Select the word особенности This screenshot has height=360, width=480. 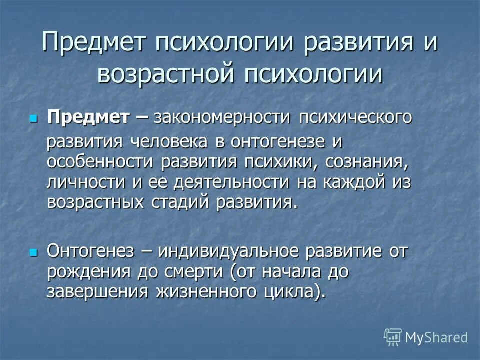(100, 162)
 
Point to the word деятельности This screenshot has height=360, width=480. (231, 182)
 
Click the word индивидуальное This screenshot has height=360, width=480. (226, 251)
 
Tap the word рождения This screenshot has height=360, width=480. (86, 272)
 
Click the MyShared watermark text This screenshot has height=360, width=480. (436, 337)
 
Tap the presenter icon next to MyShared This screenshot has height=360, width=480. (393, 337)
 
